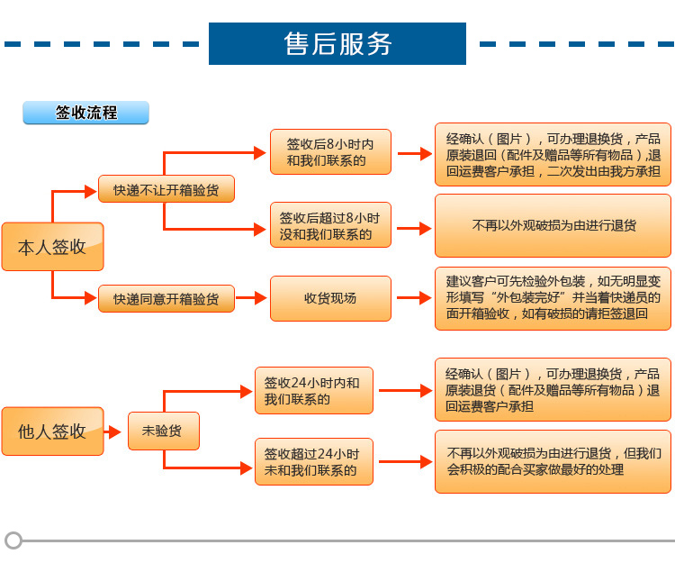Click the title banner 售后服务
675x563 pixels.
pos(337,43)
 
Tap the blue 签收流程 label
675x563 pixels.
pos(85,113)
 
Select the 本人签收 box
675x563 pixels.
pos(52,246)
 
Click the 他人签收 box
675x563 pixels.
pos(52,431)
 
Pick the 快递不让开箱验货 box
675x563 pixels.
pos(166,189)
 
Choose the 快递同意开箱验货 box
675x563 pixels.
pos(166,298)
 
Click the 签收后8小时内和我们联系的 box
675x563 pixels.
pos(330,152)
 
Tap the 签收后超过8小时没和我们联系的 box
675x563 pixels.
pos(330,225)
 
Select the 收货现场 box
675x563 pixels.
pos(330,298)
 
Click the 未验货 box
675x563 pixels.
pos(163,431)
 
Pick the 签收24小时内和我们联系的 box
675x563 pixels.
pos(313,391)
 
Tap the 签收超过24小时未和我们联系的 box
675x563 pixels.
pos(313,462)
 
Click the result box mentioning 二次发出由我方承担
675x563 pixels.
pos(553,154)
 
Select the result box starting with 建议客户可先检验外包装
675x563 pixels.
pos(553,298)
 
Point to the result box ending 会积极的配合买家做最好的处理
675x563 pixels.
pos(553,462)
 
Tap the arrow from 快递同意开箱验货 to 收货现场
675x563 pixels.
pos(252,298)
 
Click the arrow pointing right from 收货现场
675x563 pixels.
pos(413,298)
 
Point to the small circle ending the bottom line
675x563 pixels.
pos(13,540)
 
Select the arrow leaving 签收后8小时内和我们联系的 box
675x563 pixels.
pos(413,153)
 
